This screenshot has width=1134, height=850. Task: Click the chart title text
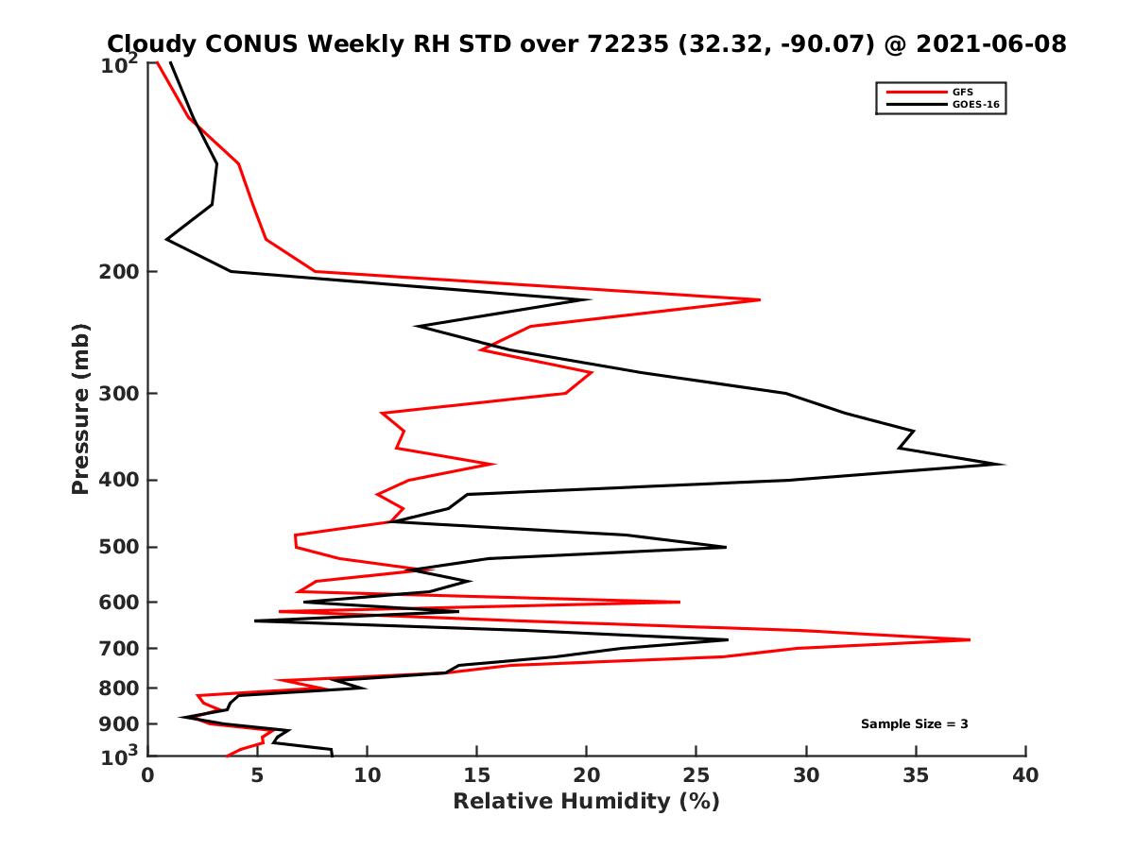[x=586, y=43]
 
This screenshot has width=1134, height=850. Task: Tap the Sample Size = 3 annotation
[x=914, y=724]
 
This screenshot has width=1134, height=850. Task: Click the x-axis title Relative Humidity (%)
[x=586, y=802]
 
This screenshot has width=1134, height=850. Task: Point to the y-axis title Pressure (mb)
[x=80, y=408]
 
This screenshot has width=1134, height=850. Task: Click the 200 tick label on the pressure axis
[x=120, y=272]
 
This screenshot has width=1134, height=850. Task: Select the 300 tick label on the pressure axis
[x=120, y=394]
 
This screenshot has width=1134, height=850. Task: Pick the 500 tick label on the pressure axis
[x=120, y=547]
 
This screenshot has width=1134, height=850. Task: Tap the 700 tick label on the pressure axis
[x=120, y=649]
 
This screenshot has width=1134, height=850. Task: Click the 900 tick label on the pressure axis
[x=120, y=724]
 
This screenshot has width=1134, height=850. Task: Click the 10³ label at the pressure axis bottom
[x=121, y=756]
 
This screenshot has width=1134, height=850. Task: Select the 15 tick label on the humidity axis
[x=477, y=775]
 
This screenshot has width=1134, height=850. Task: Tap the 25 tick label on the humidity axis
[x=696, y=775]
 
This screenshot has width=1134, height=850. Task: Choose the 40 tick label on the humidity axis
[x=1025, y=775]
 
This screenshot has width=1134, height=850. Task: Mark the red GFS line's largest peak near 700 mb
[x=970, y=640]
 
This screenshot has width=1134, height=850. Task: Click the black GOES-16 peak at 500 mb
[x=726, y=547]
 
